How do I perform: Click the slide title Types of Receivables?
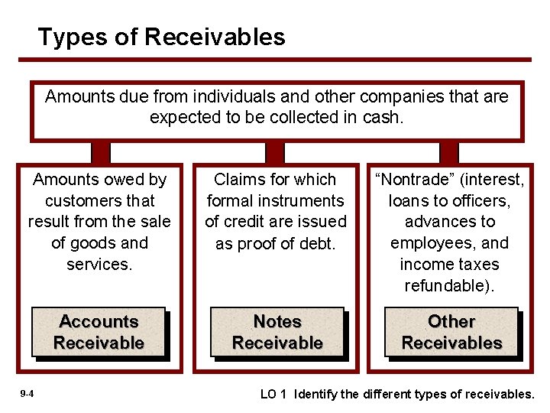(161, 37)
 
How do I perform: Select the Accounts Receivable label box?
(99, 332)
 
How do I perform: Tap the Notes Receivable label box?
(277, 332)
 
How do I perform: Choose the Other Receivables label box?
(451, 332)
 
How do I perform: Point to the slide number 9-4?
(26, 393)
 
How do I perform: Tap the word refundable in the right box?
(447, 286)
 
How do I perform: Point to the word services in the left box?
(99, 265)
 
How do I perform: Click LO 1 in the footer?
(273, 394)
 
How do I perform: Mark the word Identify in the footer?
(318, 394)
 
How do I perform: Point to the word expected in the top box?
(183, 117)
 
